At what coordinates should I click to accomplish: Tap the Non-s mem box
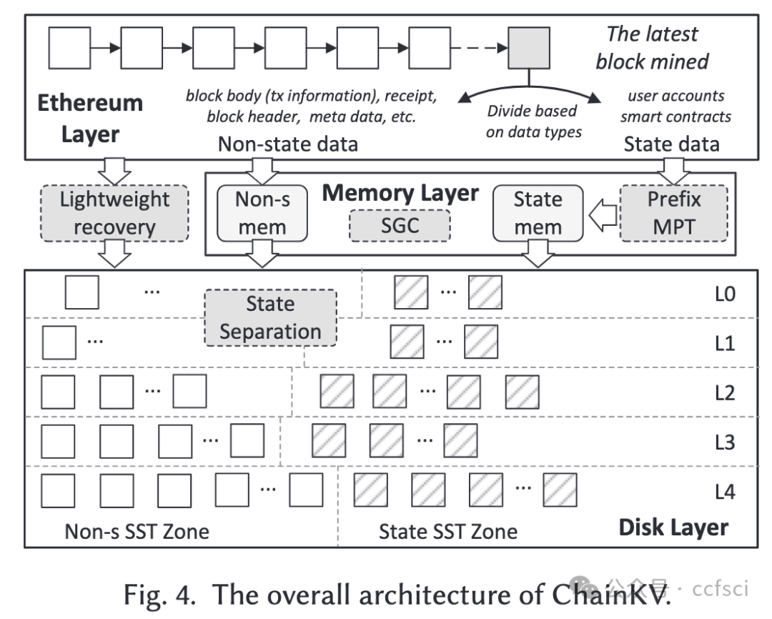262,213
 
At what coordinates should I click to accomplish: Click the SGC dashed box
400,226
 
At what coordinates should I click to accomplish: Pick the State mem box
538,213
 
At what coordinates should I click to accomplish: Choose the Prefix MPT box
674,213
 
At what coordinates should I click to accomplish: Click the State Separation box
270,318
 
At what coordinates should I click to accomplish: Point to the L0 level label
725,294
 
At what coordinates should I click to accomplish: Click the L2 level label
725,393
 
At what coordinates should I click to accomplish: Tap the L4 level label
725,492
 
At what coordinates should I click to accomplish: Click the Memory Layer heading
400,193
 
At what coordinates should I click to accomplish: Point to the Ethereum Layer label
90,118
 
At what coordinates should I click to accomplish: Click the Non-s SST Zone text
137,531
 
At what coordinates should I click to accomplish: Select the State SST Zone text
448,531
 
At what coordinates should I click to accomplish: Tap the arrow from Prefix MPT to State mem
602,213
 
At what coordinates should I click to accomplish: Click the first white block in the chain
69,49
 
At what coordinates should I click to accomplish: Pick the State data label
672,145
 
